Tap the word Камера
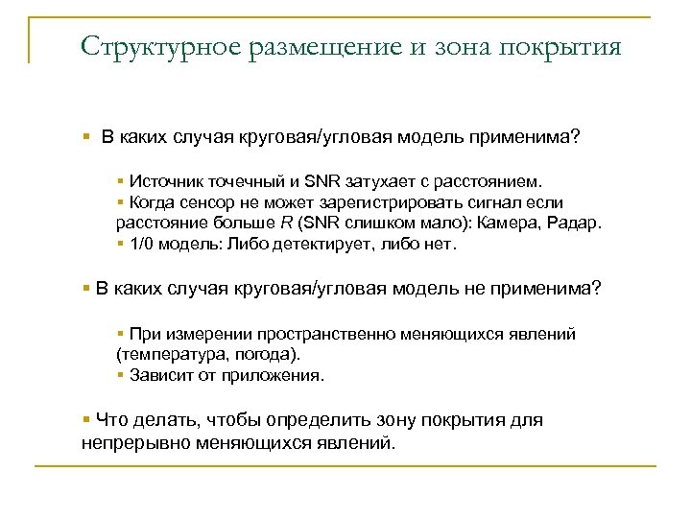click(x=504, y=224)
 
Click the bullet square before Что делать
click(x=87, y=420)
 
